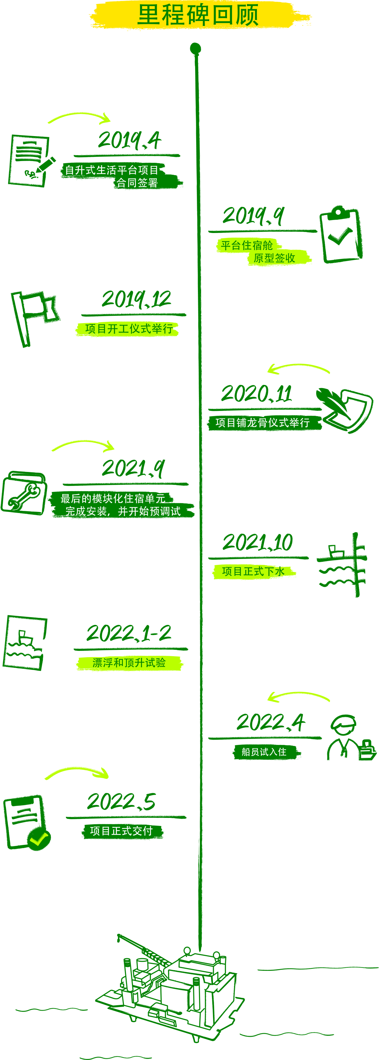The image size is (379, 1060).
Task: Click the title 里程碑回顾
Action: coord(198,15)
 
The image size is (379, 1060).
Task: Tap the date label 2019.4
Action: coord(129,140)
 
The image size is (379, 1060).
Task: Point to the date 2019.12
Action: coord(136,299)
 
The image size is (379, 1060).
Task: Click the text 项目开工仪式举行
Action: coord(129,329)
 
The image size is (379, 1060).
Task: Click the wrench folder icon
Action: coord(24,493)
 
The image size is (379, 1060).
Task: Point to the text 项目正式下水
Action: coord(253,572)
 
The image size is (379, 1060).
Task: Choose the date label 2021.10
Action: coord(258,542)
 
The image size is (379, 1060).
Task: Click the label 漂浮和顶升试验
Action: coord(129,663)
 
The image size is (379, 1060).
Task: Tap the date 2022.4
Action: coord(270,722)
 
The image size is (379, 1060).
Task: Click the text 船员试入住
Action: coord(264,752)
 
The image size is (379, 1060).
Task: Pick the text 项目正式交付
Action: coord(121,831)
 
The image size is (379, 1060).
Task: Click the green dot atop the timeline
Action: coord(195,48)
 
